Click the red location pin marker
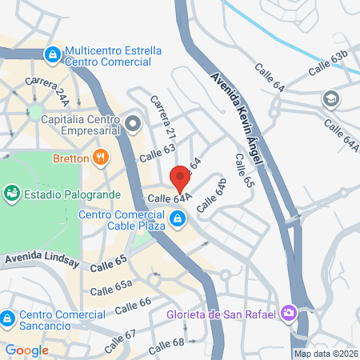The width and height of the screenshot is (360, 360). point(180,178)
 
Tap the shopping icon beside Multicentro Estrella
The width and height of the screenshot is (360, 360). point(52,55)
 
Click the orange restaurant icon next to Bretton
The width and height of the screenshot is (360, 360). point(100,158)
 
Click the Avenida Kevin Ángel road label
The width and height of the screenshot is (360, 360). point(237,120)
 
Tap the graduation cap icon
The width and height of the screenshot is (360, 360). point(330,99)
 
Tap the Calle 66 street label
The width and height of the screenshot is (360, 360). point(133,305)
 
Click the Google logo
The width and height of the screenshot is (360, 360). point(26,350)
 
